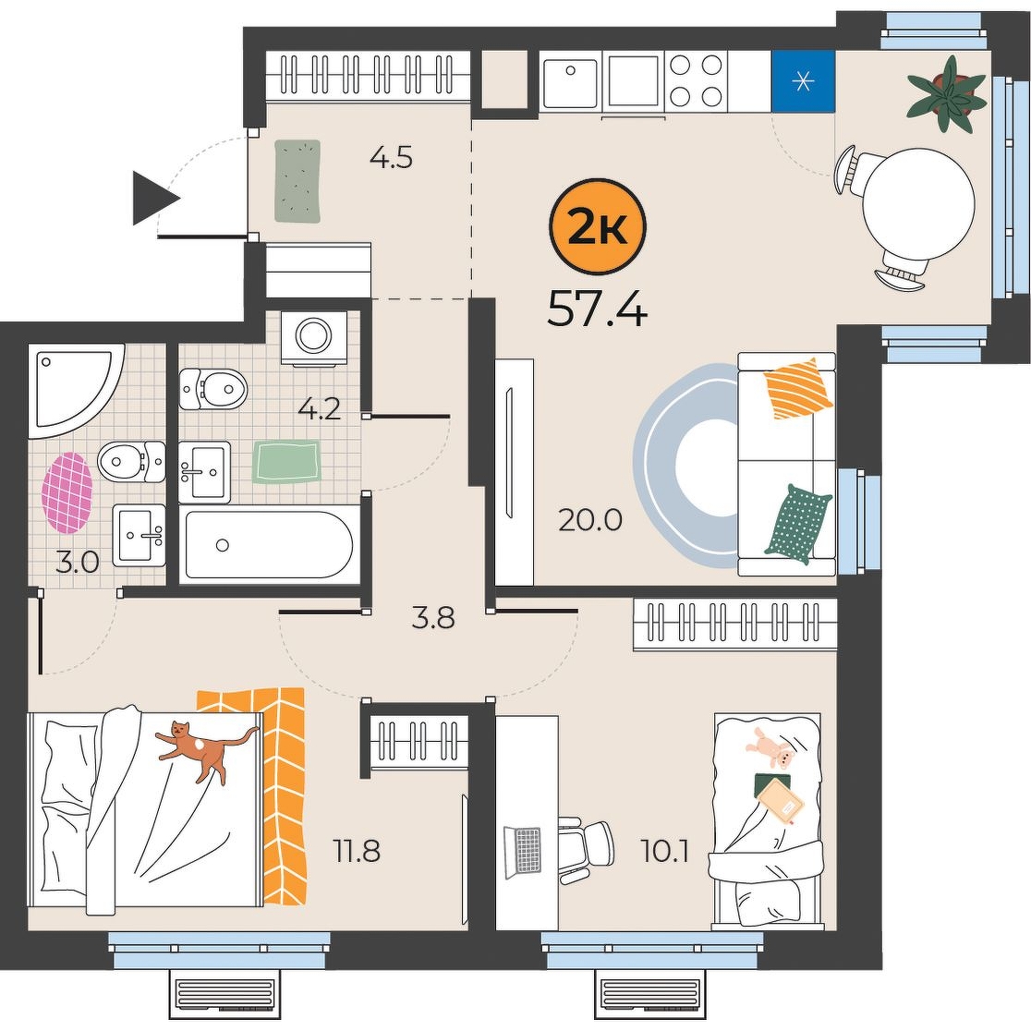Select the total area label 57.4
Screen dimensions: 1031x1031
pyautogui.click(x=597, y=309)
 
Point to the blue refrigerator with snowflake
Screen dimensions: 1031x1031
pyautogui.click(x=802, y=81)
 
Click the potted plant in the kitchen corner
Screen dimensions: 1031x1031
pyautogui.click(x=947, y=94)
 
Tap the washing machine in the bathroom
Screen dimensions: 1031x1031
pyautogui.click(x=314, y=337)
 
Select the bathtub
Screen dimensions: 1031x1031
pyautogui.click(x=269, y=544)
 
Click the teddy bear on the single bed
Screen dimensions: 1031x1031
pyautogui.click(x=770, y=748)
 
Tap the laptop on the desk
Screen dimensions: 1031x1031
pyautogui.click(x=524, y=853)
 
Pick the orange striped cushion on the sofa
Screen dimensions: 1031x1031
pyautogui.click(x=797, y=388)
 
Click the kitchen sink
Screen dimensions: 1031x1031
pyautogui.click(x=571, y=81)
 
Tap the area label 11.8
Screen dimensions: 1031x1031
pyautogui.click(x=357, y=852)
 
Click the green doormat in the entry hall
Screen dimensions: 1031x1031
pyautogui.click(x=297, y=181)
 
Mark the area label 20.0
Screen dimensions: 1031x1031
pyautogui.click(x=589, y=520)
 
